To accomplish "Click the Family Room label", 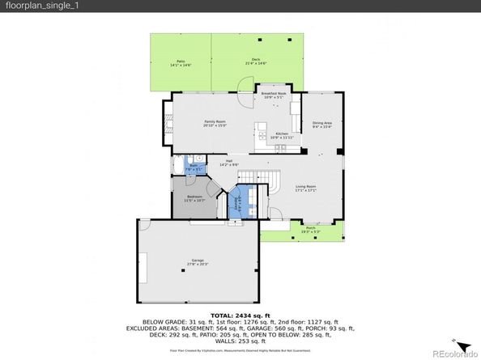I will pos(214,123).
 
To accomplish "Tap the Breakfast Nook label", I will pos(274,95).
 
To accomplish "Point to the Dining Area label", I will pos(322,124).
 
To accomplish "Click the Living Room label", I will pos(304,188).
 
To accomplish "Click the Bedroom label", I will pos(194,198).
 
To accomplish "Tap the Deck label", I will pos(256,61).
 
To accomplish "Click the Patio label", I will pos(181,62).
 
